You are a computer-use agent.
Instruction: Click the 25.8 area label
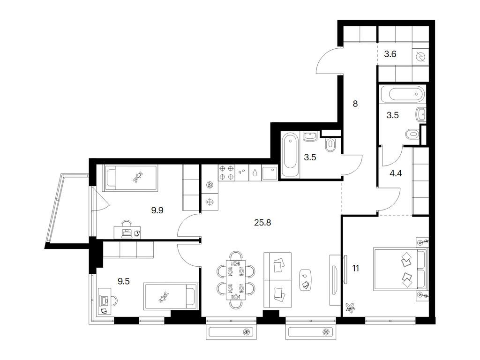click(262, 223)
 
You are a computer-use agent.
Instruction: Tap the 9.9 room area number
click(157, 210)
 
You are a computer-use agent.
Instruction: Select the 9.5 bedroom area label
click(124, 281)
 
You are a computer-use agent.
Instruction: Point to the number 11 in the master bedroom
click(355, 269)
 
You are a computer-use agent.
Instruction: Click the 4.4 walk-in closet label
click(396, 173)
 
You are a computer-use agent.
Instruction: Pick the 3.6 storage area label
click(390, 54)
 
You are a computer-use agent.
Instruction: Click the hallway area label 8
click(355, 104)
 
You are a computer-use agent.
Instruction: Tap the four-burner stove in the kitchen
click(226, 172)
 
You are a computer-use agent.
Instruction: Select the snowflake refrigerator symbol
click(210, 202)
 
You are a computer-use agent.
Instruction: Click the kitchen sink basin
click(270, 173)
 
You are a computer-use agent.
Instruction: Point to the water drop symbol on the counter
click(255, 172)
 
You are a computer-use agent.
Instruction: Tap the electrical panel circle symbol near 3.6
click(420, 57)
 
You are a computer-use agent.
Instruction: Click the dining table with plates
click(236, 280)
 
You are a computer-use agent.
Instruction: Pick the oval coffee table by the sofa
click(306, 280)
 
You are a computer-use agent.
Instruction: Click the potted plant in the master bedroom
click(350, 307)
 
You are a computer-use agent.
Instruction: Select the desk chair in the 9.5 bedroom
click(114, 300)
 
